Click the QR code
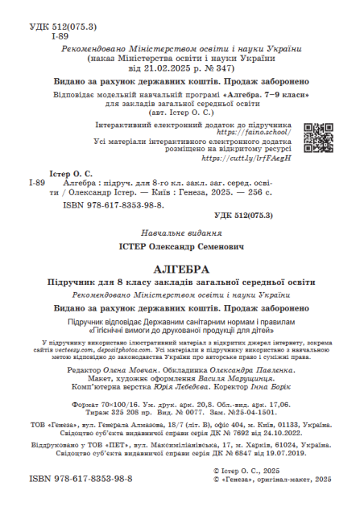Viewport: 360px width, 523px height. pos(318,137)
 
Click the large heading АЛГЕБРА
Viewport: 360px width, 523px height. pos(180,268)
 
